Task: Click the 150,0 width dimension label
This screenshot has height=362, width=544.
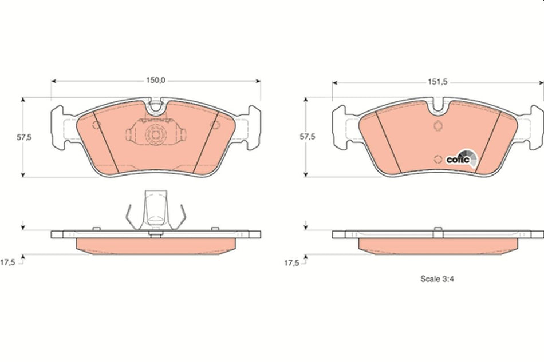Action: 156,81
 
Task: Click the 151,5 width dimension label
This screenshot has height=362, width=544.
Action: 437,82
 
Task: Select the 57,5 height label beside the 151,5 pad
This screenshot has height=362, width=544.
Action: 308,137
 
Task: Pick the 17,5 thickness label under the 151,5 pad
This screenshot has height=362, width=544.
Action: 291,263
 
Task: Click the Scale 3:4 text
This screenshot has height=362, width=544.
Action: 437,280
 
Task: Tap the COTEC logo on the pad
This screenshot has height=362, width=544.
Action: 459,158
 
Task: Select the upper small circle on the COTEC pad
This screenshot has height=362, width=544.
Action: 438,127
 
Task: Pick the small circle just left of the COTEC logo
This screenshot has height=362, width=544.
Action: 438,159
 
